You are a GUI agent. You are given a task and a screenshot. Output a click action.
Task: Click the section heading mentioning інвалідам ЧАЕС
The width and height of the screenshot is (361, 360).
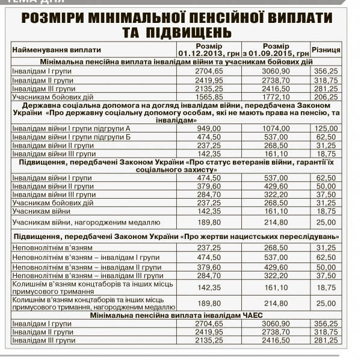[x=177, y=315]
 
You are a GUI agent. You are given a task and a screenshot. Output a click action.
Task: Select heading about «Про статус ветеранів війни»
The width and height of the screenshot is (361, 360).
[x=177, y=166]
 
